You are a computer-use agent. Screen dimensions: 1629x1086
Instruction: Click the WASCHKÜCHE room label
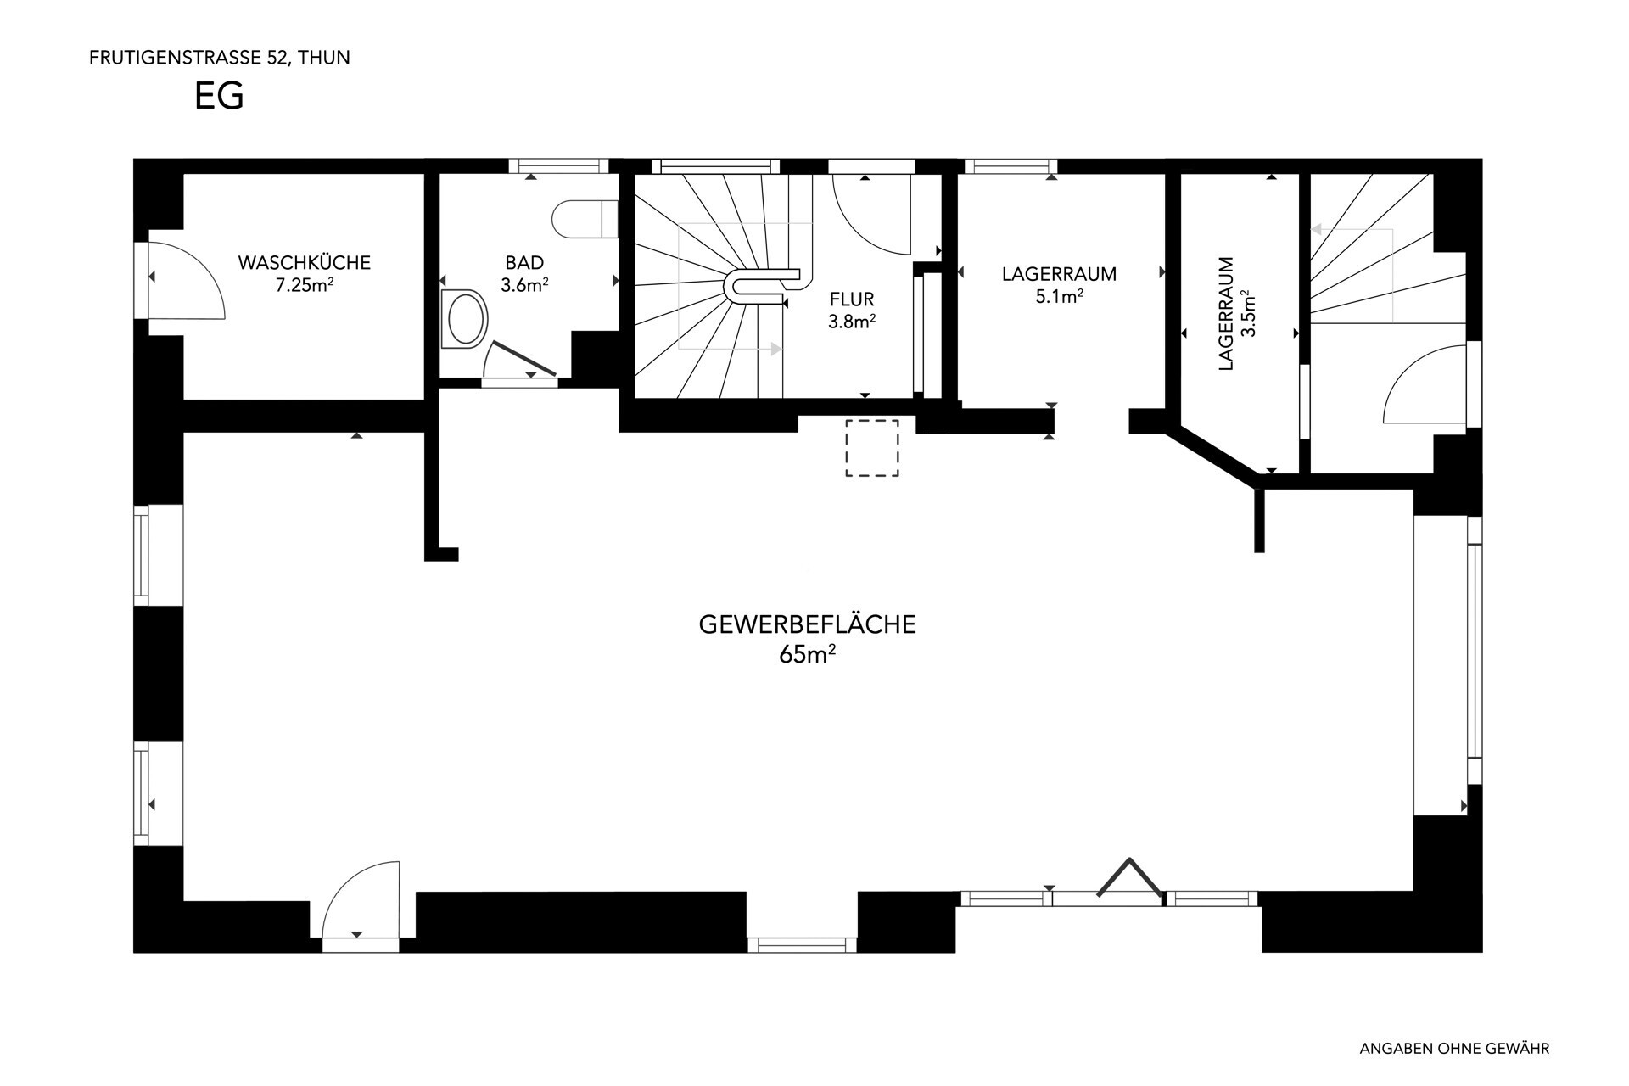(305, 262)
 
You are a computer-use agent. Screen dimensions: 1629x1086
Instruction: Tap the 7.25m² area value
(304, 285)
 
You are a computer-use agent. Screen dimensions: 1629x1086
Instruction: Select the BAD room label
(524, 263)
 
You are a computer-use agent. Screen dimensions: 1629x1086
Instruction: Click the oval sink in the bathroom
(465, 319)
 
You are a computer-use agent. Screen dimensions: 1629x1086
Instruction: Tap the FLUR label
(852, 299)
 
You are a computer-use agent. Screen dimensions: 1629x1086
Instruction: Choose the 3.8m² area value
(852, 322)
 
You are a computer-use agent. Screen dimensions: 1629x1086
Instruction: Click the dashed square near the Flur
(871, 447)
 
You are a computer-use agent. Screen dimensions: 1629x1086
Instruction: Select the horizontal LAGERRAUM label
(1059, 274)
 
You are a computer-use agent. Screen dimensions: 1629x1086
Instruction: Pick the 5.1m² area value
(1059, 297)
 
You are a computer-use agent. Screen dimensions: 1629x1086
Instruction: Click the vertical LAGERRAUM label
(1225, 314)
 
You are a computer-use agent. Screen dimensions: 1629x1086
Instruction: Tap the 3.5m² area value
(1248, 314)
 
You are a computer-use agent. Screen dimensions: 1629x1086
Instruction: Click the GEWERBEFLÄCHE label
(807, 624)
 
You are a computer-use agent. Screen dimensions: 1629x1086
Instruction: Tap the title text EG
(219, 96)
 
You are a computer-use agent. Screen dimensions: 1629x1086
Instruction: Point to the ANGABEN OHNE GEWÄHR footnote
(1454, 1049)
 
